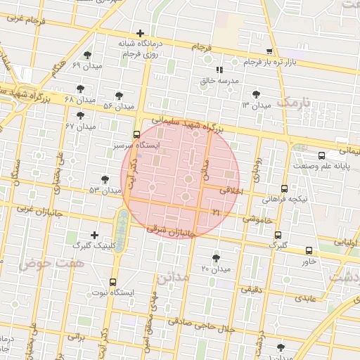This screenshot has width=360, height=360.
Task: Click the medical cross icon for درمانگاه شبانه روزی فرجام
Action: click(141, 33)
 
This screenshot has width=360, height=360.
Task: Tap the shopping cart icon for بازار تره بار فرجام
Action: click(269, 51)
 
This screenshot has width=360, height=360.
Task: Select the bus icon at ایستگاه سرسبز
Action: click(136, 134)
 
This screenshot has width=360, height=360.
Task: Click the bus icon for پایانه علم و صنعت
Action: click(321, 155)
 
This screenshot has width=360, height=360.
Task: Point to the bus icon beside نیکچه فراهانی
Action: click(284, 188)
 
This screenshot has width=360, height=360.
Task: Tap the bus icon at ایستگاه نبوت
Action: click(112, 281)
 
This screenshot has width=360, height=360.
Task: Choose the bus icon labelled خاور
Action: click(309, 250)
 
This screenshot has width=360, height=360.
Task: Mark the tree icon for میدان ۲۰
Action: click(216, 258)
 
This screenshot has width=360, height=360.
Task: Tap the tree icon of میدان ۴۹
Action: click(87, 55)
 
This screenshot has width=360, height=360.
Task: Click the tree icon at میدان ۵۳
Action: click(105, 180)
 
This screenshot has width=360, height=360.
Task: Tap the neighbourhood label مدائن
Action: click(173, 277)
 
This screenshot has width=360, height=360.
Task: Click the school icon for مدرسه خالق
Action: click(219, 70)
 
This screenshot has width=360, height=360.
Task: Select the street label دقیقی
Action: click(252, 288)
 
